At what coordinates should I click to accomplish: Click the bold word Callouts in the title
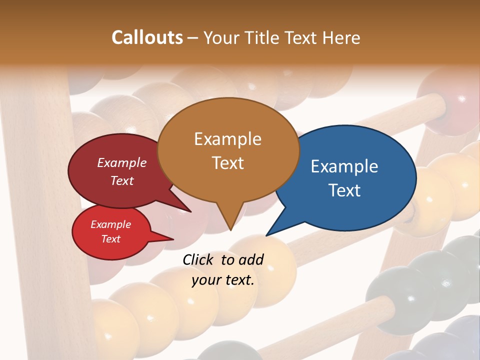[147, 37]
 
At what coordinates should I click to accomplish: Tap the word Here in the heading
[341, 37]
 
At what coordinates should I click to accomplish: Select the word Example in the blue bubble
[344, 166]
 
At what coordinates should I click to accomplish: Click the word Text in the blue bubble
[344, 190]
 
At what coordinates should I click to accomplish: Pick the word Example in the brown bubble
[227, 138]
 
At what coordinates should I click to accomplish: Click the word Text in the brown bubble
[227, 162]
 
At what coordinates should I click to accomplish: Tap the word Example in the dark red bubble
[121, 162]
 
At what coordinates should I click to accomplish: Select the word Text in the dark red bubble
[121, 180]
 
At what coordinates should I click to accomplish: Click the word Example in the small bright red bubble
[110, 224]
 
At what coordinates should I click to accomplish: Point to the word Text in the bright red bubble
[110, 239]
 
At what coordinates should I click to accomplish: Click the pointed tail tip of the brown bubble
[230, 229]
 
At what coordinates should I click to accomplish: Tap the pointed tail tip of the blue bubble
[266, 235]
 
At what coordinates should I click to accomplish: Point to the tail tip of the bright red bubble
[173, 239]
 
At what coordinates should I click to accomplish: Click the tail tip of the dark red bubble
[190, 211]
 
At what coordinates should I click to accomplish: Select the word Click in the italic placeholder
[199, 259]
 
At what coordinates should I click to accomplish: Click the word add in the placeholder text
[251, 259]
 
